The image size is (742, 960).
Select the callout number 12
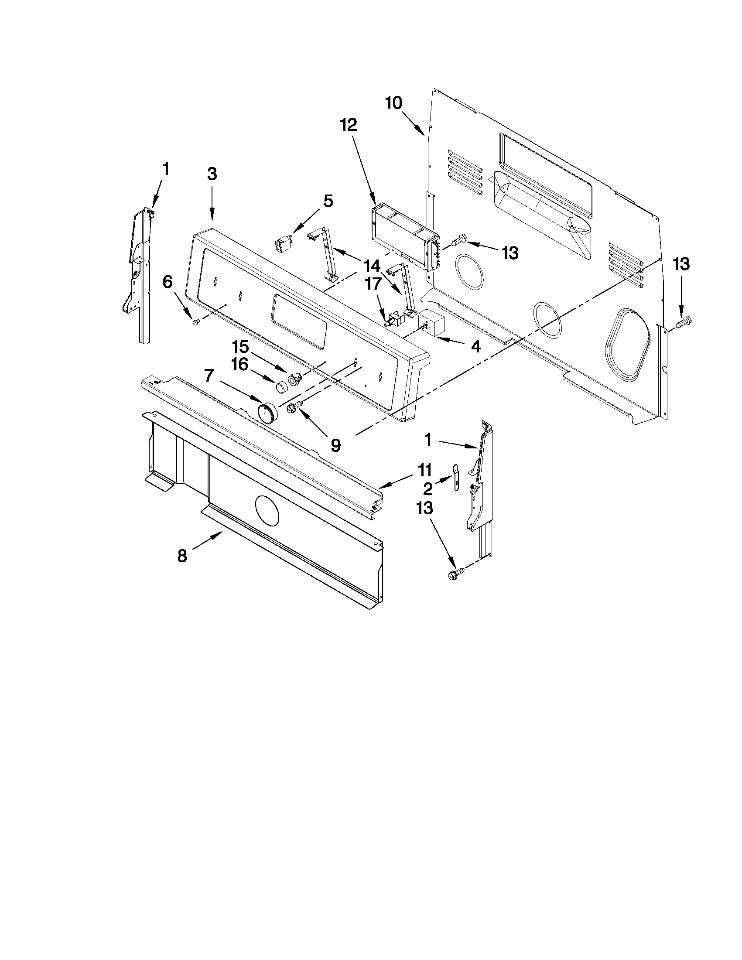point(348,125)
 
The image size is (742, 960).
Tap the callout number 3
point(212,174)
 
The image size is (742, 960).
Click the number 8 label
point(182,556)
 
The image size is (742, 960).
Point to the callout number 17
point(373,284)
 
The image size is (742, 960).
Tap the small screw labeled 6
point(196,322)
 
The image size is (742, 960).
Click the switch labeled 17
point(394,318)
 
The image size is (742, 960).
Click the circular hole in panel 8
point(267,510)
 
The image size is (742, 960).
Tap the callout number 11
point(424,470)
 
